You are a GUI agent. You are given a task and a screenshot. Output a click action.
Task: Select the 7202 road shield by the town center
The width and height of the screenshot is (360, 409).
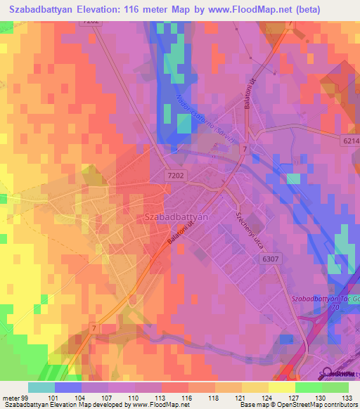(176, 175)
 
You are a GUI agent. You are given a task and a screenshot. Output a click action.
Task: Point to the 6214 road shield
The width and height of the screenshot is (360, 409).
(349, 141)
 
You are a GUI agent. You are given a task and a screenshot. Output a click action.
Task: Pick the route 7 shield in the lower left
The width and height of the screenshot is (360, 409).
(92, 330)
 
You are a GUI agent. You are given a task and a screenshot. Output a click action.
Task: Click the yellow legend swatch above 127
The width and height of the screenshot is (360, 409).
(282, 387)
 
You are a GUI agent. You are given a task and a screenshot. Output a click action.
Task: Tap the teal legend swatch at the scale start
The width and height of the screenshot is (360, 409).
(41, 387)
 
